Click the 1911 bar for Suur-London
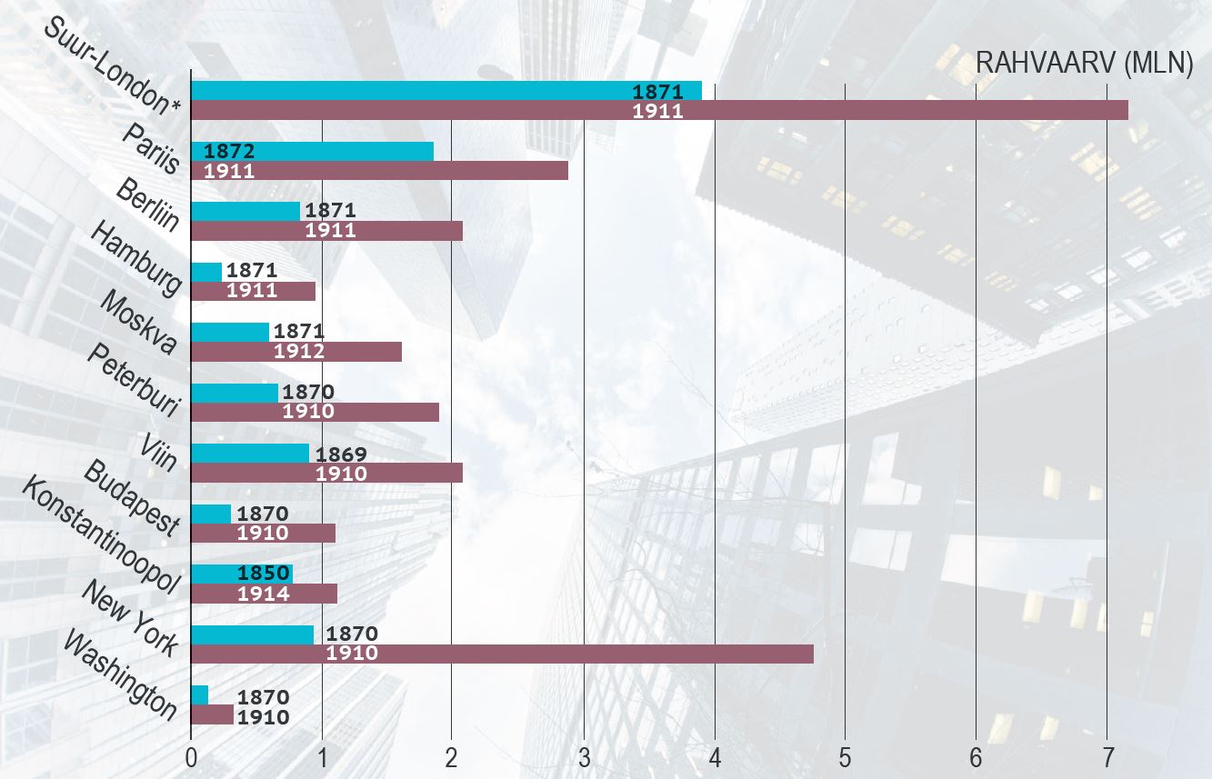click(659, 111)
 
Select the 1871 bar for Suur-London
click(446, 91)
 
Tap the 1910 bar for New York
click(502, 654)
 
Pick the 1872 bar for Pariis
click(312, 151)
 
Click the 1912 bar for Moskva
click(296, 352)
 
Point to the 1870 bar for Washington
click(200, 695)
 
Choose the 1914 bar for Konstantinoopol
click(264, 594)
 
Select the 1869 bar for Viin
click(250, 453)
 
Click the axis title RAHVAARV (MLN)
click(1084, 64)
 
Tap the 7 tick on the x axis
click(1107, 757)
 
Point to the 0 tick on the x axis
click(192, 757)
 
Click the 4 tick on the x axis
click(715, 757)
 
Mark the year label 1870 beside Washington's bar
click(263, 697)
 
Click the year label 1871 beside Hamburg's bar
click(251, 270)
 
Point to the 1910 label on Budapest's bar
click(263, 534)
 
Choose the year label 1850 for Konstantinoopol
click(263, 574)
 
